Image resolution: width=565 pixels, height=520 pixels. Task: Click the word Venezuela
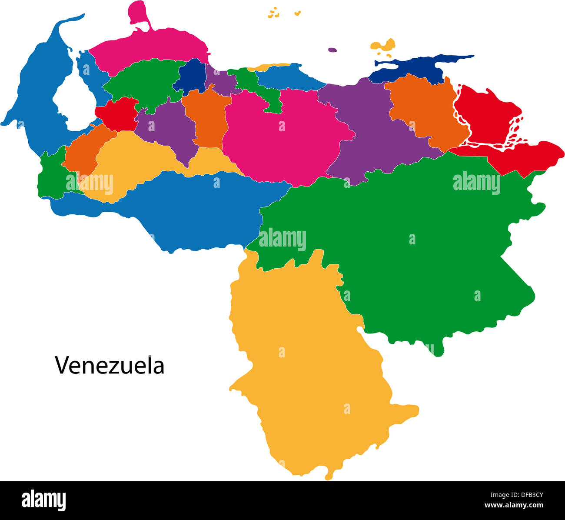click(110, 366)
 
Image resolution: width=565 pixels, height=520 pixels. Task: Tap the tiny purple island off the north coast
click(332, 50)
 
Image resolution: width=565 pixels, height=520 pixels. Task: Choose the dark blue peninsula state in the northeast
click(417, 70)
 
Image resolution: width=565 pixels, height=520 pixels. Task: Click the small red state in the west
click(116, 114)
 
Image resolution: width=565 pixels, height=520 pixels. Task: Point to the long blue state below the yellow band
click(204, 209)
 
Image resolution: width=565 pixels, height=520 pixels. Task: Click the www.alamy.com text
click(514, 505)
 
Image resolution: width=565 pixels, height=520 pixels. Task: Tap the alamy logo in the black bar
click(43, 500)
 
